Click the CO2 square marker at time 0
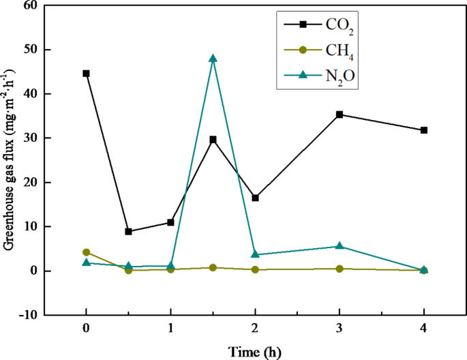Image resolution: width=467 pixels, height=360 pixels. tap(86, 74)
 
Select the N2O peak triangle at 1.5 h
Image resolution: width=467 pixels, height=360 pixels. tap(213, 59)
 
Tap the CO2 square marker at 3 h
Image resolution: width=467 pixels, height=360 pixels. tap(340, 115)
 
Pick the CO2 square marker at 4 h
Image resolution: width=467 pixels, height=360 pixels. tap(424, 130)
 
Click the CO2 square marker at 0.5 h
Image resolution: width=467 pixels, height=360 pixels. tap(128, 232)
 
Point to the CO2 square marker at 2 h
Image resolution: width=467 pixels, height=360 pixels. tap(255, 198)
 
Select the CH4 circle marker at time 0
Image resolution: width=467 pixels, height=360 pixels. tap(86, 252)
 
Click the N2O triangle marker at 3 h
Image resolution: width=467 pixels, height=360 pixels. tap(340, 246)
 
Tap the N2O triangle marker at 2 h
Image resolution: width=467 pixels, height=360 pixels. tap(255, 254)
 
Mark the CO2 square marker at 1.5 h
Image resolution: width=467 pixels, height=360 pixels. tap(213, 139)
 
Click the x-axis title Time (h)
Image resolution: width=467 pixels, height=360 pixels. tap(254, 351)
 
